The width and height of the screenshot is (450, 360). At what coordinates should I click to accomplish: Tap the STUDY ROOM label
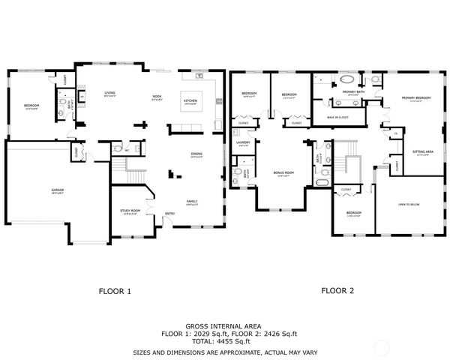(130, 211)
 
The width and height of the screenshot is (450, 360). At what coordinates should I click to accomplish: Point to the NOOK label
(157, 97)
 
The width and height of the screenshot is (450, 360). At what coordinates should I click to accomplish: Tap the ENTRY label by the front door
(170, 214)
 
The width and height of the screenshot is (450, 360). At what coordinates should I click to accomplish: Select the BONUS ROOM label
(282, 173)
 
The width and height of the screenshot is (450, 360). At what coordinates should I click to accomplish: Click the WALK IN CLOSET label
(339, 118)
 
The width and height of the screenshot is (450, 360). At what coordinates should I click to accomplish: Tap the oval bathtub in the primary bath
(348, 79)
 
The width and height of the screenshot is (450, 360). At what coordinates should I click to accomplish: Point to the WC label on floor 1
(127, 149)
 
